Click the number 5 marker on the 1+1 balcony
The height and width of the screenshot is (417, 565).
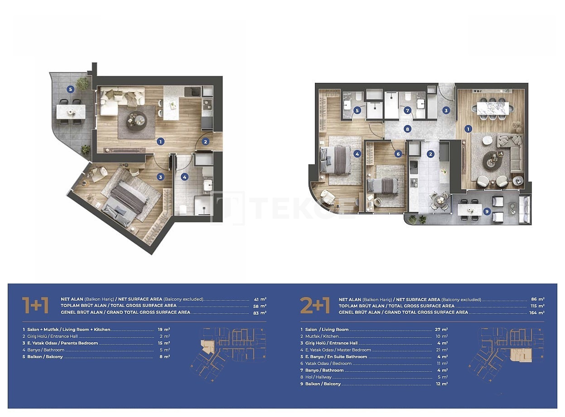pyautogui.click(x=70, y=89)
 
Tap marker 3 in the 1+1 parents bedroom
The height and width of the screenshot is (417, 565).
pyautogui.click(x=160, y=177)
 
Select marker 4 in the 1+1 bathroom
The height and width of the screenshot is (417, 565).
pyautogui.click(x=184, y=177)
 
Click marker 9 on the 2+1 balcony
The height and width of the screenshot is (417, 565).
pyautogui.click(x=487, y=211)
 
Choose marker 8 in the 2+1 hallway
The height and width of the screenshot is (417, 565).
pyautogui.click(x=407, y=129)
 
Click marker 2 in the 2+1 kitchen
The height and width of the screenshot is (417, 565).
pyautogui.click(x=430, y=154)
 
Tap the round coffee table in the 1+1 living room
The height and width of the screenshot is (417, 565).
pyautogui.click(x=136, y=121)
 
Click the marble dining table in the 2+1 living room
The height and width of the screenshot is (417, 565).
pyautogui.click(x=493, y=109)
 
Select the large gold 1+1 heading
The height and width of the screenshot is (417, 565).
pyautogui.click(x=35, y=305)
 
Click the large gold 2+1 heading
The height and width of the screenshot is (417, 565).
pyautogui.click(x=315, y=305)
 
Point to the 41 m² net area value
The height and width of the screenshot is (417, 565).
pyautogui.click(x=260, y=299)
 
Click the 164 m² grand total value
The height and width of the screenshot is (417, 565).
pyautogui.click(x=537, y=312)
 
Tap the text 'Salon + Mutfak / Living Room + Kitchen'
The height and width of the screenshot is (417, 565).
pyautogui.click(x=69, y=330)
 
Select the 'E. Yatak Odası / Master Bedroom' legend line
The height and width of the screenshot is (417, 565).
pyautogui.click(x=338, y=350)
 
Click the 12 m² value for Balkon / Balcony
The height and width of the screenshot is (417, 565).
pyautogui.click(x=442, y=383)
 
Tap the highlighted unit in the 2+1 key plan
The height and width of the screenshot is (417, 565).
pyautogui.click(x=521, y=355)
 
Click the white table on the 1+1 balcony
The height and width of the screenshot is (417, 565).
pyautogui.click(x=71, y=112)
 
